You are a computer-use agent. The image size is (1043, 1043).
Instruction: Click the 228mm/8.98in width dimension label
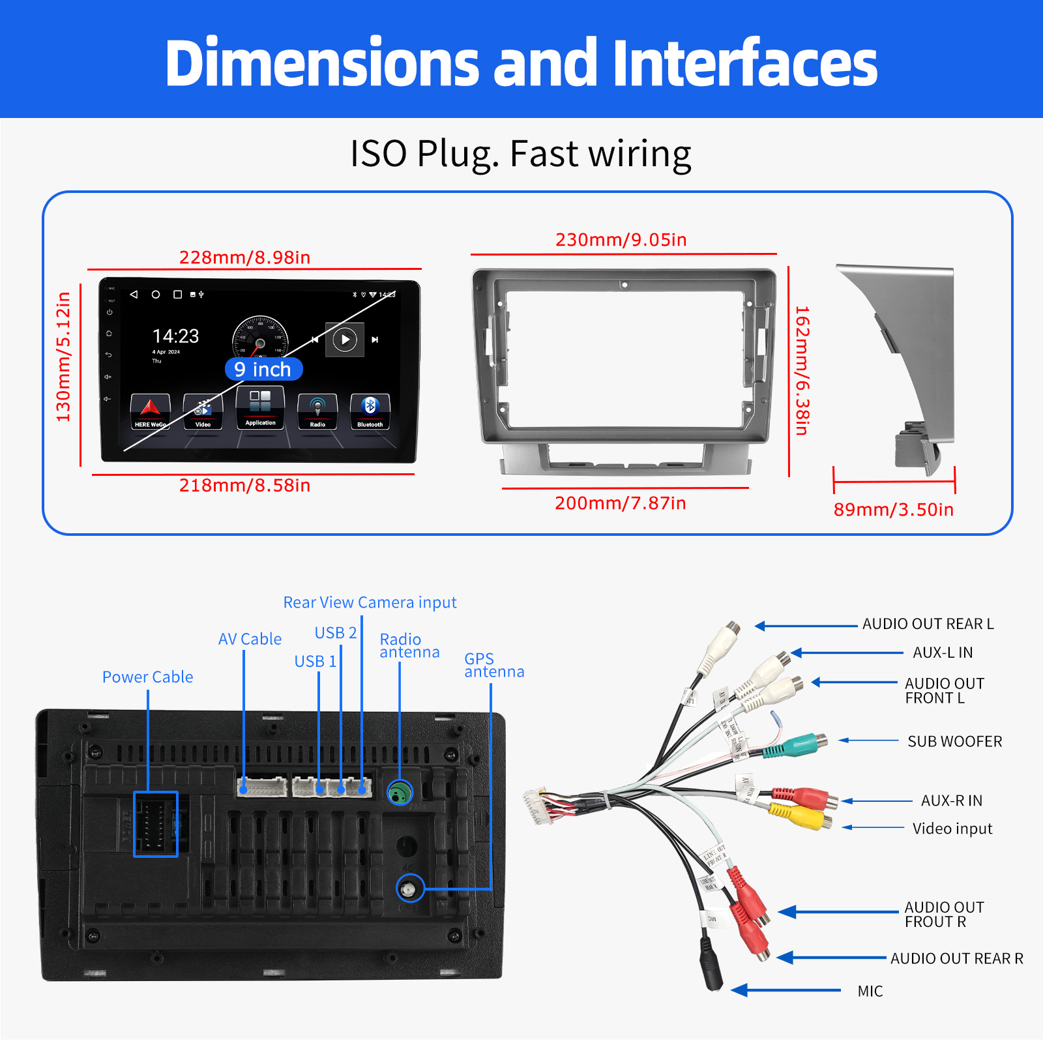244,257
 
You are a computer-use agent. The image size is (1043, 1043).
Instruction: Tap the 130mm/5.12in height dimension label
63,357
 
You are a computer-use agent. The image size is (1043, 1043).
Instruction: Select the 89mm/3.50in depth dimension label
893,510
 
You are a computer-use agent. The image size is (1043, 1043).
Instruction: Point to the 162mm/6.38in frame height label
802,370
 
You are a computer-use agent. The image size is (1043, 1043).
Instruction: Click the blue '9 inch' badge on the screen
263,370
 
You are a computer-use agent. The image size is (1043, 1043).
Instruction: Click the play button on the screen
345,340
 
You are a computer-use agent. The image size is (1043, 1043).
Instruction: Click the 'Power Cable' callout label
147,677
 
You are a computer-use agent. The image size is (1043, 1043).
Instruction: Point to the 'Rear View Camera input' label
370,602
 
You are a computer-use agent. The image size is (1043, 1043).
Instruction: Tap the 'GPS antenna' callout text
493,665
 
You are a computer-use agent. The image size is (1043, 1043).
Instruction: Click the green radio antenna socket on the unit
400,793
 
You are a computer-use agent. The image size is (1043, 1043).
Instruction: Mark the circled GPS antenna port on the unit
409,889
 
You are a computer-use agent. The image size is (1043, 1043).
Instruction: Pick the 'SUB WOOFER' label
954,742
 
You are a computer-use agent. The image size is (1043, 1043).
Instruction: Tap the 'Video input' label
952,829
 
